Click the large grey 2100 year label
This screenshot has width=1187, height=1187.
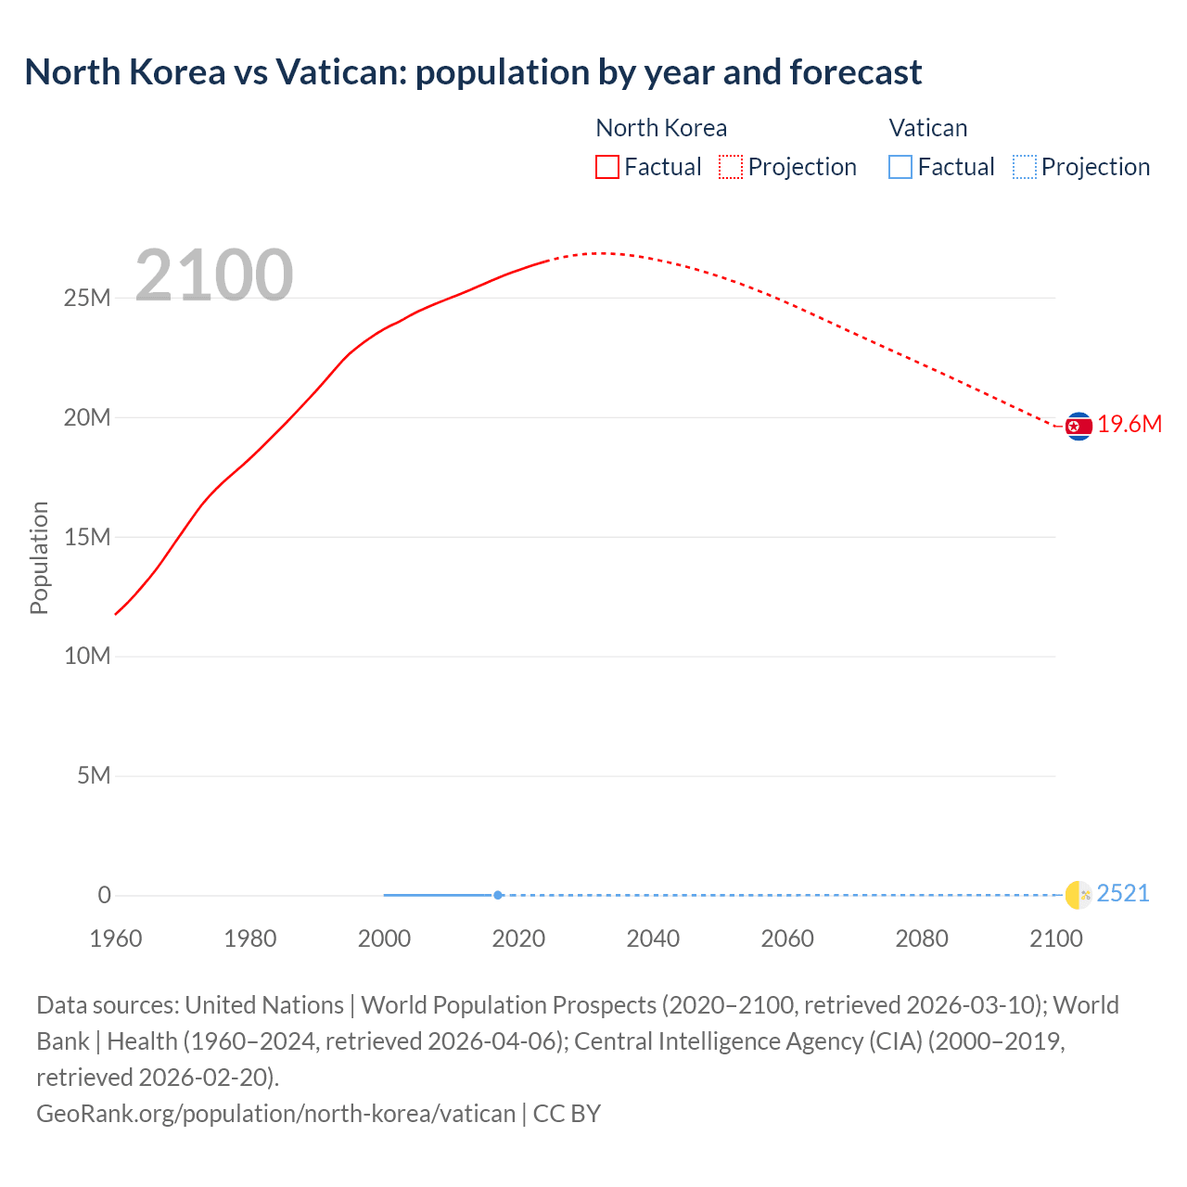[x=214, y=274]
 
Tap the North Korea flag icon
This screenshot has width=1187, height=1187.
[x=1079, y=426]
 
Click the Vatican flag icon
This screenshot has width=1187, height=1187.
[x=1079, y=895]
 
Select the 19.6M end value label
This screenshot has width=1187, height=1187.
[x=1130, y=425]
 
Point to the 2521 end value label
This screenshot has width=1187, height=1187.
[x=1123, y=894]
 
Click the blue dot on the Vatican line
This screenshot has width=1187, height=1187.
[x=498, y=895]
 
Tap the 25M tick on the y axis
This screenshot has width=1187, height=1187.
[x=87, y=299]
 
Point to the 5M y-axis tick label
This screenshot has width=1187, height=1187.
[x=94, y=775]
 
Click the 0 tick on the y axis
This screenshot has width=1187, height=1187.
[x=105, y=895]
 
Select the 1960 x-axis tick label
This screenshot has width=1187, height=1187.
[x=116, y=938]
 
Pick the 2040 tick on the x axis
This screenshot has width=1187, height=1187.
[x=653, y=938]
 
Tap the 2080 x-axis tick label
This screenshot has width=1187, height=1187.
[x=922, y=938]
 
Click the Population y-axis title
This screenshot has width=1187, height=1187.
[x=39, y=557]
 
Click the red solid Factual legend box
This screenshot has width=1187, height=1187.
[x=607, y=167]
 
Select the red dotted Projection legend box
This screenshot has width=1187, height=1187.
[x=731, y=167]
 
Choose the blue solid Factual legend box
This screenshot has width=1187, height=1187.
[x=900, y=167]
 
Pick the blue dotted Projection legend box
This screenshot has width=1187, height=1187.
[x=1024, y=167]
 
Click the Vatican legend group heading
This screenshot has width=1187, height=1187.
[x=928, y=128]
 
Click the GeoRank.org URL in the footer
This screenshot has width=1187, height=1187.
[x=275, y=1114]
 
